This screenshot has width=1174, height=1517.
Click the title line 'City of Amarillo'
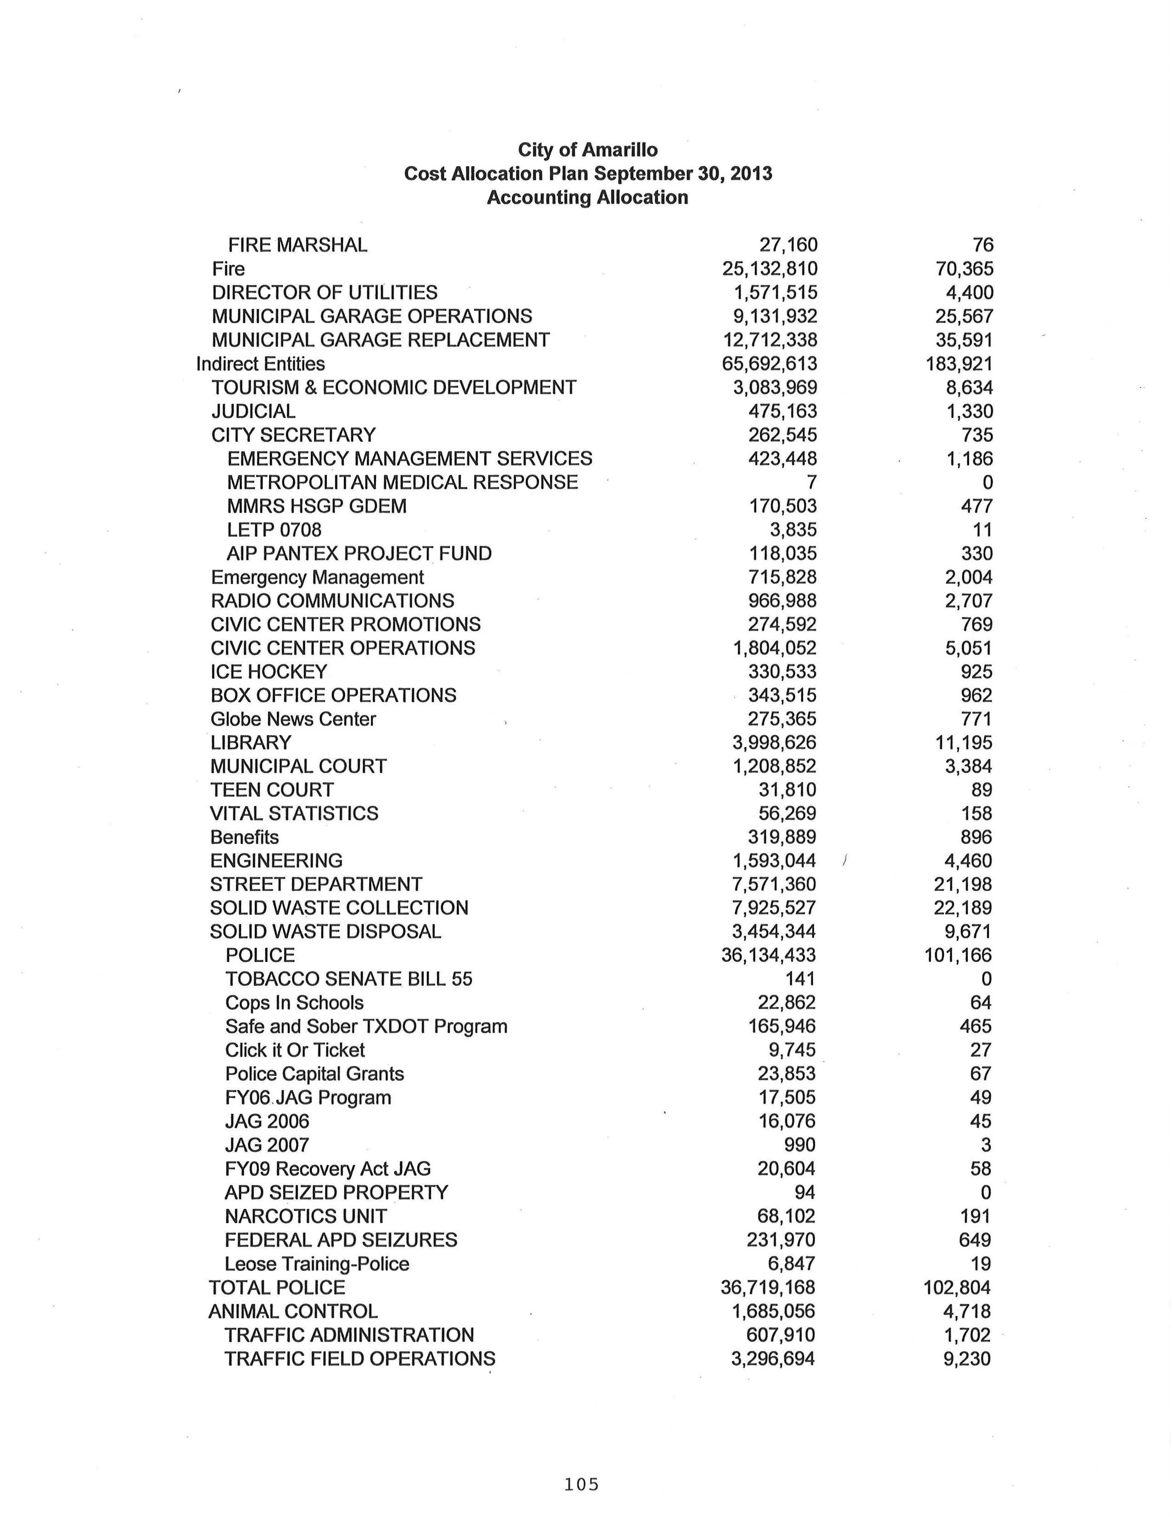pyautogui.click(x=588, y=150)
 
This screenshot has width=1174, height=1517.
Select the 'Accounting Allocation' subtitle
pyautogui.click(x=588, y=197)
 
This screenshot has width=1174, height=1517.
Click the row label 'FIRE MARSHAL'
pyautogui.click(x=298, y=245)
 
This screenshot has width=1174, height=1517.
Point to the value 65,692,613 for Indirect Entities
pyautogui.click(x=770, y=364)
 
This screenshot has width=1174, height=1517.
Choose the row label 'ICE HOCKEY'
pyautogui.click(x=269, y=672)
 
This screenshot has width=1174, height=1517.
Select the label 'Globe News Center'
pyautogui.click(x=293, y=719)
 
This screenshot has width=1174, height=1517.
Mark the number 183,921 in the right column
pyautogui.click(x=959, y=364)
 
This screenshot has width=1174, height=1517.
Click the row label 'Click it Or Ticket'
pyautogui.click(x=295, y=1050)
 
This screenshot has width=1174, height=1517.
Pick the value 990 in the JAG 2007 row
pyautogui.click(x=799, y=1145)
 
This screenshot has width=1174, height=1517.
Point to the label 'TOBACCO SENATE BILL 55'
pyautogui.click(x=349, y=979)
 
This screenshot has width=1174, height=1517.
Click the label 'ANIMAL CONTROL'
pyautogui.click(x=293, y=1311)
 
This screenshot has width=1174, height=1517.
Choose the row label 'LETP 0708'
pyautogui.click(x=275, y=530)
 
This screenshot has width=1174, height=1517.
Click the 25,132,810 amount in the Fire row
pyautogui.click(x=770, y=269)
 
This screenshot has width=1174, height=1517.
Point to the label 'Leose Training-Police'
pyautogui.click(x=317, y=1264)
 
